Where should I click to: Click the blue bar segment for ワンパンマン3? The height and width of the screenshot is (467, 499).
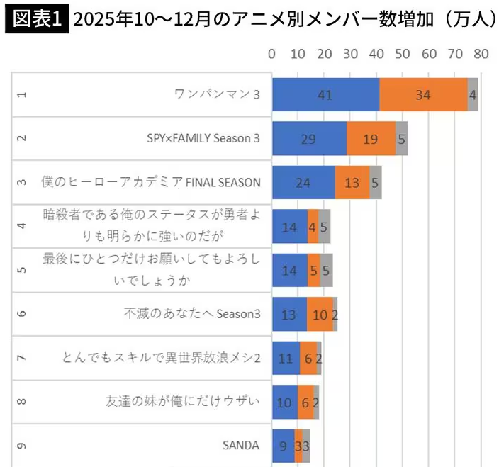325,94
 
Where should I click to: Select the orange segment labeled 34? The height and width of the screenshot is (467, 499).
423,94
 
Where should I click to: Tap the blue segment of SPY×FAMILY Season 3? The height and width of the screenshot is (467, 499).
309,138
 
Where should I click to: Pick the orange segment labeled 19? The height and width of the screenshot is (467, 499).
371,138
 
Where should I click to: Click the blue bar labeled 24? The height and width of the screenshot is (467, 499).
303,182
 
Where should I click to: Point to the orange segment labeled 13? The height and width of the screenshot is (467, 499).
352,182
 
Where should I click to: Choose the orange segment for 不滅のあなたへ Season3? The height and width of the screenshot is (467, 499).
320,314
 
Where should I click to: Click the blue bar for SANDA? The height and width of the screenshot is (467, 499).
284,446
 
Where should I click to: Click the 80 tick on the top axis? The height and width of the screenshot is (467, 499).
481,54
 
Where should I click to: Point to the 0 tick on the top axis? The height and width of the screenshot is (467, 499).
272,54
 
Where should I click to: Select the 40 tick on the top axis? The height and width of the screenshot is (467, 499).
377,54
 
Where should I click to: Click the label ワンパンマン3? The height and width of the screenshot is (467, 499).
217,94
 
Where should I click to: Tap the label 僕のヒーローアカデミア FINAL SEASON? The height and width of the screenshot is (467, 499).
151,182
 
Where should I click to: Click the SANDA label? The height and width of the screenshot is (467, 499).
241,446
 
